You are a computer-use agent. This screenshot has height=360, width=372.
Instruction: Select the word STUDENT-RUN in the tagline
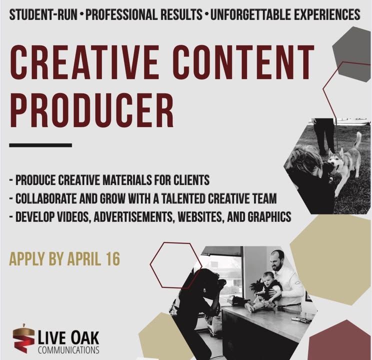pos(43,14)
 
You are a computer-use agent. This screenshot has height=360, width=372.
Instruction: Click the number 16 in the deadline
pos(113,258)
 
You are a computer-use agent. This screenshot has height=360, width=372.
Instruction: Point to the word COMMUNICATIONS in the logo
pos(68,350)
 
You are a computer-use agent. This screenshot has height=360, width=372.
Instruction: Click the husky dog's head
pos(335,159)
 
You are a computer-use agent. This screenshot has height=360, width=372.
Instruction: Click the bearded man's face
pos(277,261)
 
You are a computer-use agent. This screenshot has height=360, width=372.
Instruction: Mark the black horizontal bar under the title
pos(40,145)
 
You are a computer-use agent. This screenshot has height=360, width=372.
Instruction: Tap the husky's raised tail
pos(357,140)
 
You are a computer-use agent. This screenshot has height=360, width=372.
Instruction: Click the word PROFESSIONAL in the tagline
pos(144,14)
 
